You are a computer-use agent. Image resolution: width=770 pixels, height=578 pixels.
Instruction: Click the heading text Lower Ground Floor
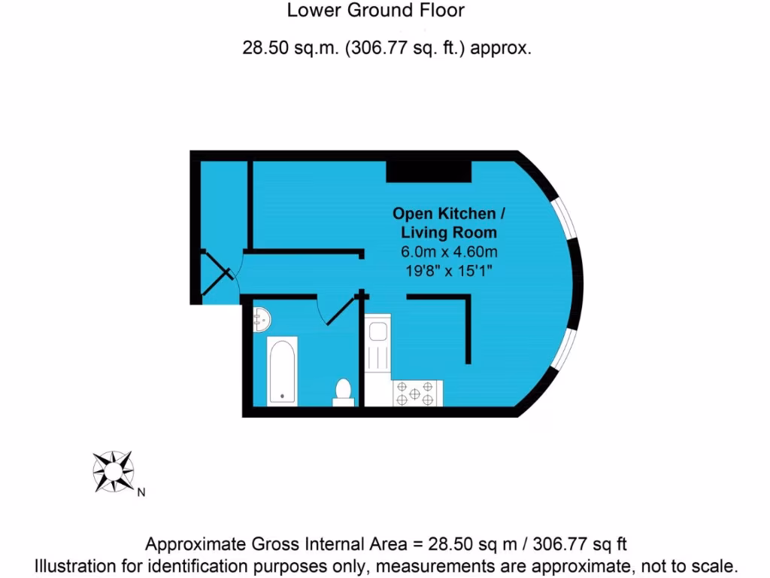pos(376,11)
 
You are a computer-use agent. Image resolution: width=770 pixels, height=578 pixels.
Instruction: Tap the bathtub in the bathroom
pos(282,370)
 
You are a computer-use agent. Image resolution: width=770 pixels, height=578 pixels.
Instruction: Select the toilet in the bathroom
pos(344,391)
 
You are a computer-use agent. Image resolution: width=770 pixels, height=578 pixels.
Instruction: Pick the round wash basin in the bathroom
pos(261,319)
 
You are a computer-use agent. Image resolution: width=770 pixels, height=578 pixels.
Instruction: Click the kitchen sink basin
pos(377,331)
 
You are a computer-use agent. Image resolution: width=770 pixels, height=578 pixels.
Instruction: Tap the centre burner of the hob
pos(416,392)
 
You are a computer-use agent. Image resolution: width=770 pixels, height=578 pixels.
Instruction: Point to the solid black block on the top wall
pos(429,171)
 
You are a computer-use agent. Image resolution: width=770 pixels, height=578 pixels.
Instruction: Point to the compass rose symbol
pos(113,471)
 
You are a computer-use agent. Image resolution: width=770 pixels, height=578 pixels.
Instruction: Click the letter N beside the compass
pos(141,494)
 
